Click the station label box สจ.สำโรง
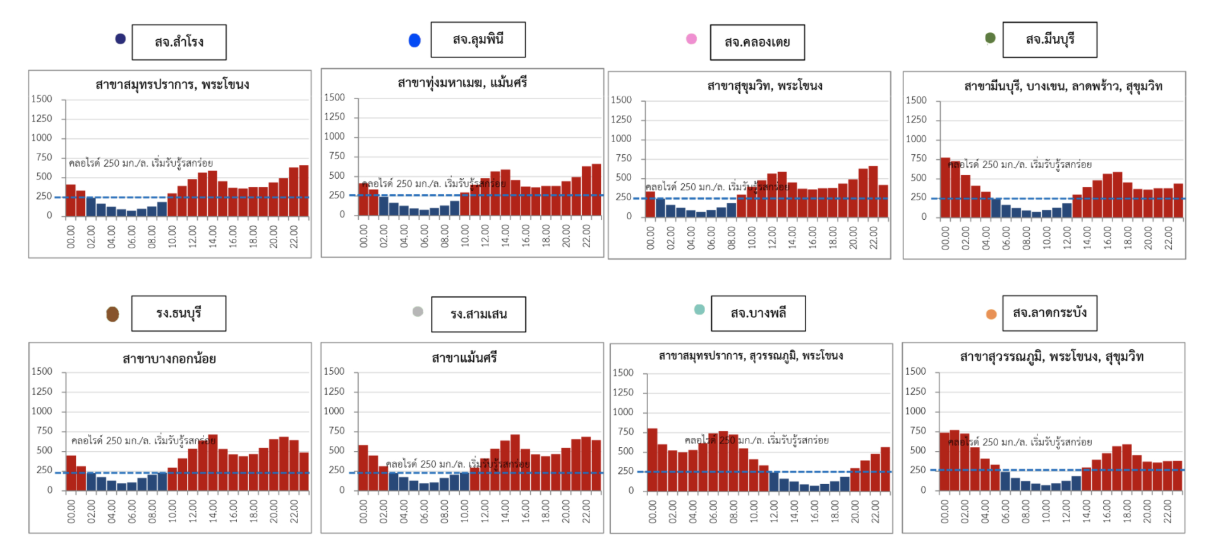(x=179, y=42)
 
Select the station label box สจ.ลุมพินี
(x=478, y=40)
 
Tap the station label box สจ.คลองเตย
(x=757, y=42)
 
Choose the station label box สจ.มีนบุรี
(x=1049, y=40)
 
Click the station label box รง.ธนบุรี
(x=179, y=313)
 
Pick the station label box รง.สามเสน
(x=478, y=314)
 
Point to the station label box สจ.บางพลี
(x=758, y=313)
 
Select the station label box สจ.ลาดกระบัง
(x=1049, y=313)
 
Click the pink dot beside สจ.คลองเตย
(x=692, y=39)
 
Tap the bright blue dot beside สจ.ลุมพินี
(x=414, y=40)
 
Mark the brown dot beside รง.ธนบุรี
(x=112, y=314)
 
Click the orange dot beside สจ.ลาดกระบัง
(x=991, y=314)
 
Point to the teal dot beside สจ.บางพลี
(x=699, y=310)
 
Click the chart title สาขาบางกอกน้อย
(x=169, y=359)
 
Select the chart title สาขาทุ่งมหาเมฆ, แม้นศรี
(x=462, y=83)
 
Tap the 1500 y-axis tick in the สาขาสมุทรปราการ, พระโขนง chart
(x=42, y=99)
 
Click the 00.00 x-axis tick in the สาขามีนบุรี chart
(x=945, y=238)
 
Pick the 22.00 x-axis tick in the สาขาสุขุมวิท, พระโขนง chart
(x=873, y=238)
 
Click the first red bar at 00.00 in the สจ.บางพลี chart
(x=652, y=460)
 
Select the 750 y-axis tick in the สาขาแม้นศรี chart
(x=336, y=431)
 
